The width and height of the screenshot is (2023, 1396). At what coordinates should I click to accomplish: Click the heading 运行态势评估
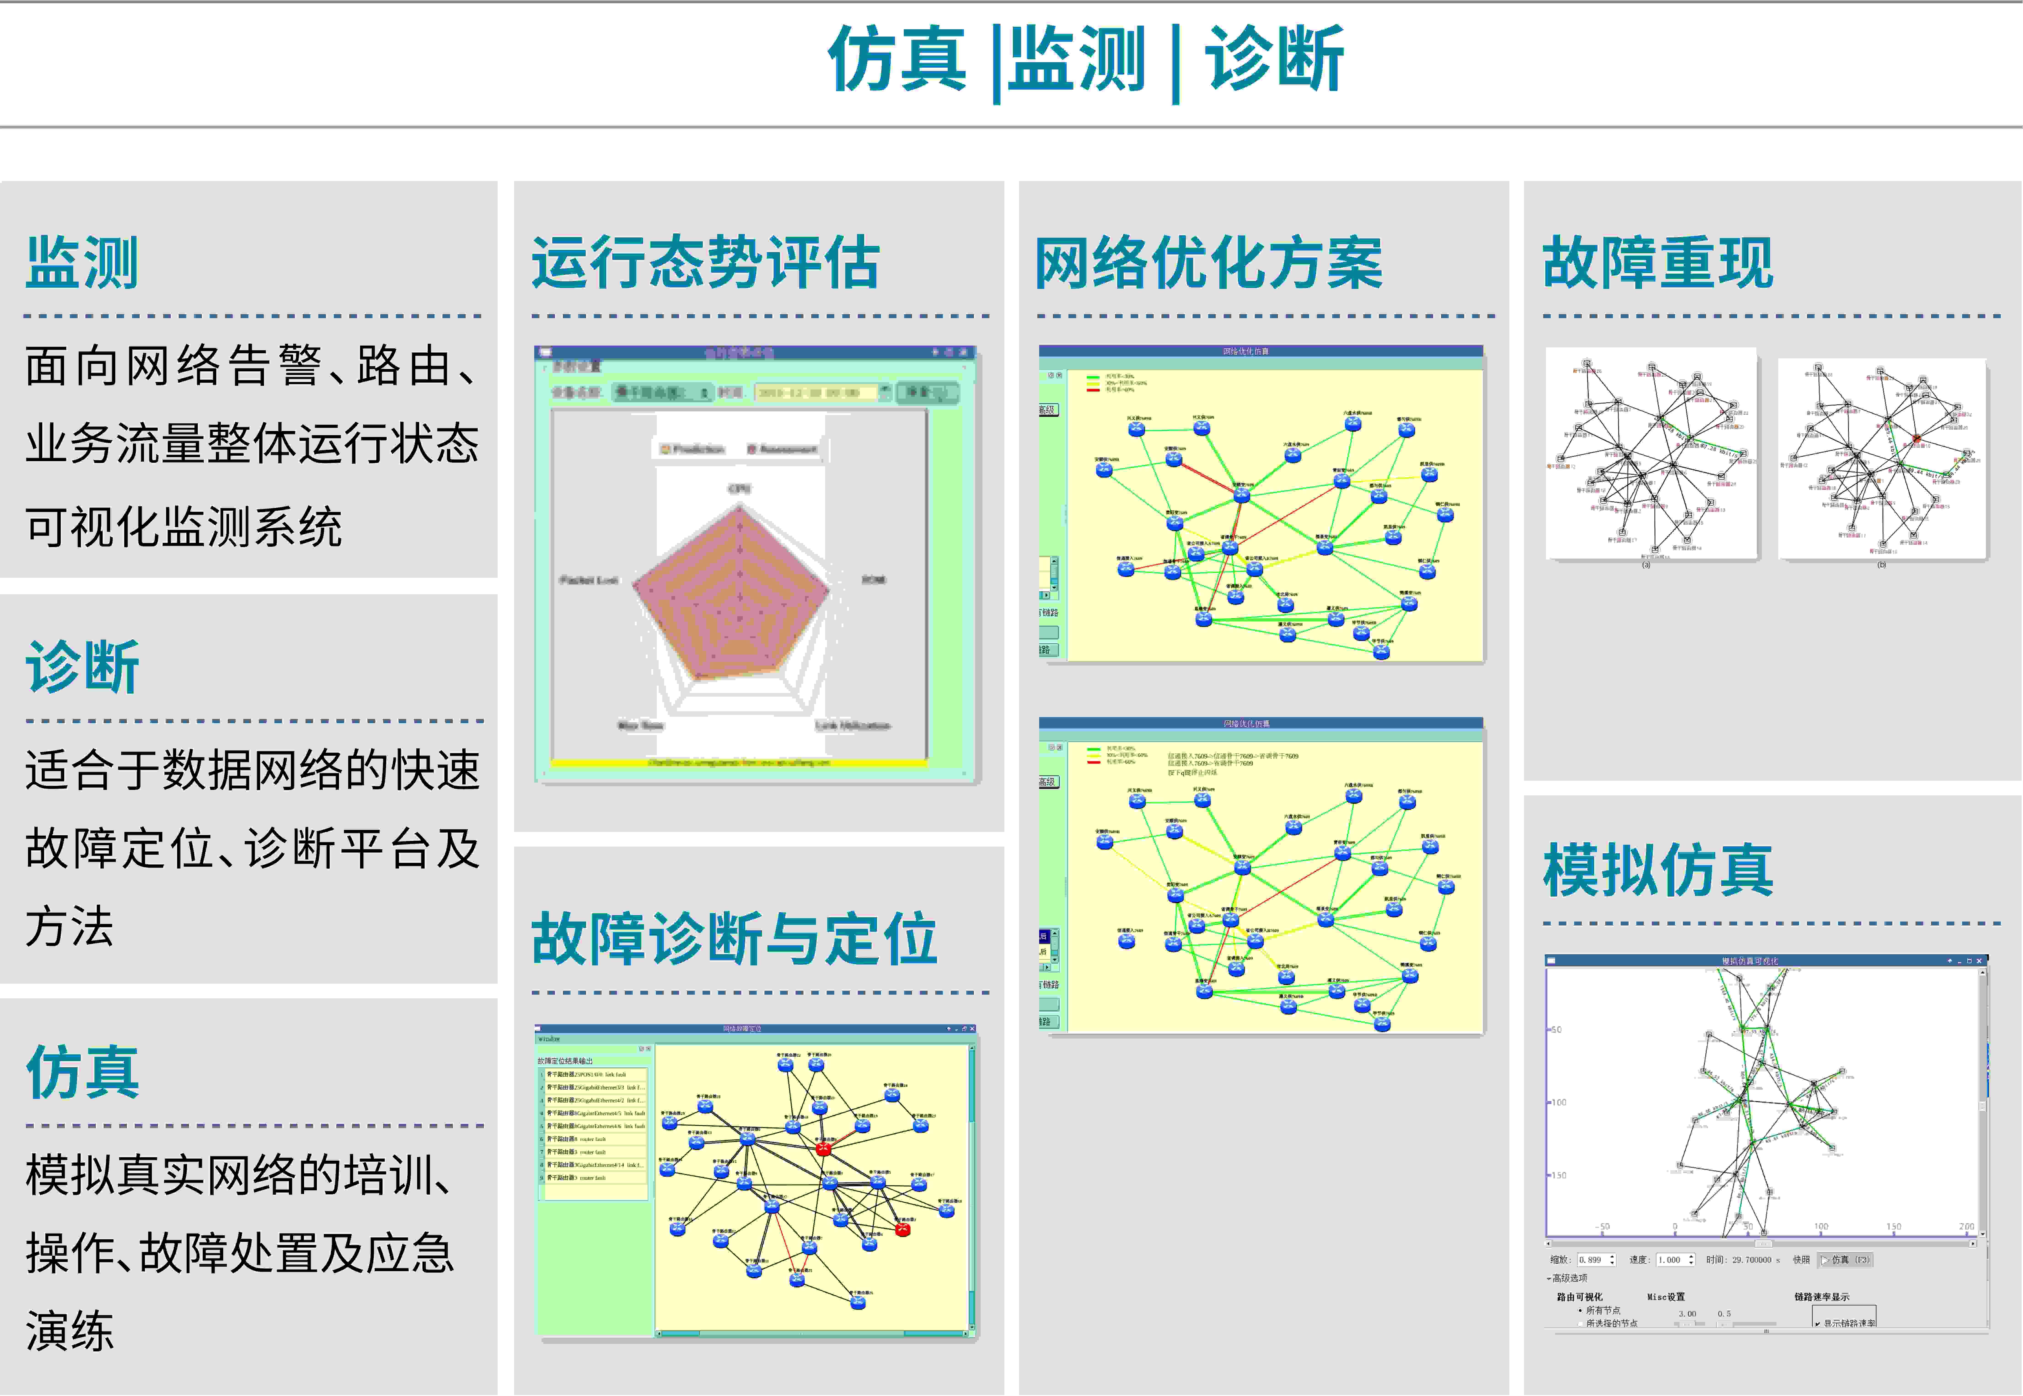point(705,262)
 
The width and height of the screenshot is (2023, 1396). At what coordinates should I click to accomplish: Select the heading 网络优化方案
point(1208,262)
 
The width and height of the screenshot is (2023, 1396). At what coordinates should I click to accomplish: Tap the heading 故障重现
point(1657,262)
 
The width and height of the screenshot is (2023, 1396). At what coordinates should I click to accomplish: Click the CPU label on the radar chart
point(739,488)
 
